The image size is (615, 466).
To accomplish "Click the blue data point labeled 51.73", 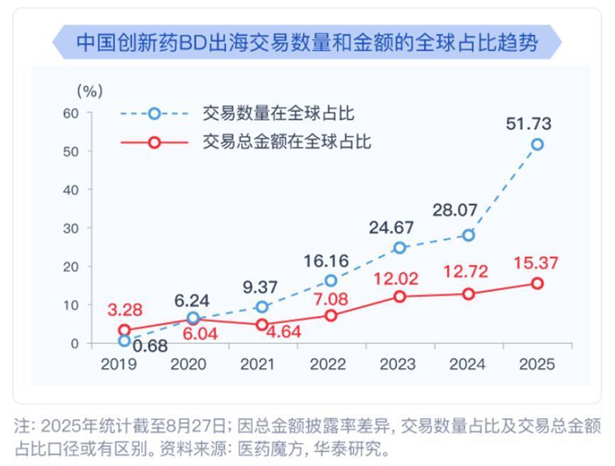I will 538,144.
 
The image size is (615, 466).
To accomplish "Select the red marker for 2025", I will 538,284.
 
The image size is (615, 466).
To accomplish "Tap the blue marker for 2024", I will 469,235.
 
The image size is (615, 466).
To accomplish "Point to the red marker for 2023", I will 400,296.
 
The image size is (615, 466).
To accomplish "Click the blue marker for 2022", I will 331,281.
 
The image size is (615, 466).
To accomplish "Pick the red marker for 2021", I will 262,325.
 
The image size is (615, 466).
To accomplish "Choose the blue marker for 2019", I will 125,340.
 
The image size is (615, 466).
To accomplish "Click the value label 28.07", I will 455,211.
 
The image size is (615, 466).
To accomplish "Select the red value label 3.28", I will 125,310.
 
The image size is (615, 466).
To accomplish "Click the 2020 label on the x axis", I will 188,365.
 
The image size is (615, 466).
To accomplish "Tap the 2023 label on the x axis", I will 398,365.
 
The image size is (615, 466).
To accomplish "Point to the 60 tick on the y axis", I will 69,113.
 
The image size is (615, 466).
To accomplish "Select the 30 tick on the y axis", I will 69,228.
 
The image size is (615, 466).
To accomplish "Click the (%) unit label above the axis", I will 89,91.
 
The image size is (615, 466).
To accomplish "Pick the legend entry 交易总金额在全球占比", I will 287,142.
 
